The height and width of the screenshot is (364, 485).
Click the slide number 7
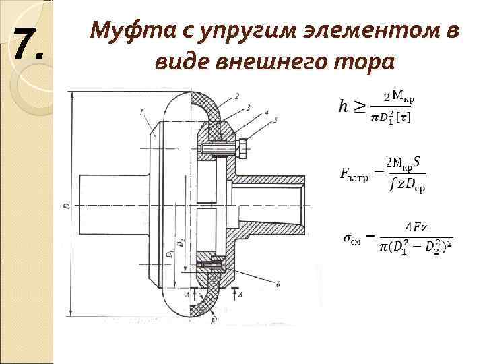click(x=28, y=45)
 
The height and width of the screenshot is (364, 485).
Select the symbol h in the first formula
click(x=344, y=107)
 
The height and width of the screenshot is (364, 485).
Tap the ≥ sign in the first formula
click(x=360, y=107)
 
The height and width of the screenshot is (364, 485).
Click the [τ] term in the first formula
click(x=405, y=117)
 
